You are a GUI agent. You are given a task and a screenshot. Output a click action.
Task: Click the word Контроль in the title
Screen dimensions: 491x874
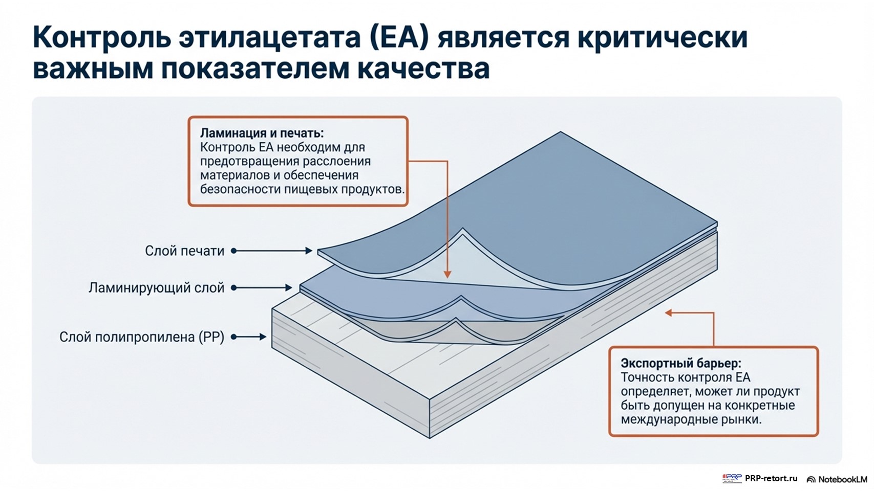[x=101, y=37]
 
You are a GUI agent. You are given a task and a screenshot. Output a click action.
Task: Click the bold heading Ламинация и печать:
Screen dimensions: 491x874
[x=262, y=133]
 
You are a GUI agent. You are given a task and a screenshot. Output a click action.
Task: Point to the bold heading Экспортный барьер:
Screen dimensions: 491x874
[x=680, y=364]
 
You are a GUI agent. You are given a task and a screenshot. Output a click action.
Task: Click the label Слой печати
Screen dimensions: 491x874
[x=184, y=251]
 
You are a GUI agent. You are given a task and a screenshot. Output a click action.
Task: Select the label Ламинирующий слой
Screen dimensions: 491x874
[x=156, y=288]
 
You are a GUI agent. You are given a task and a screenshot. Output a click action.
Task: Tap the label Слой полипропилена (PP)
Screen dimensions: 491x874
[x=142, y=337]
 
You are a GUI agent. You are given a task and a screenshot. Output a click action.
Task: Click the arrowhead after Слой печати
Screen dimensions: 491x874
[x=309, y=251]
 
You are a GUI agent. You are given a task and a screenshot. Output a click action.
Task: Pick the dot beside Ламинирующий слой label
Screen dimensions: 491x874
[x=234, y=288]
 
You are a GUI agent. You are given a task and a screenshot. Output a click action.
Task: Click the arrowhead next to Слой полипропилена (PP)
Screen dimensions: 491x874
[x=263, y=337]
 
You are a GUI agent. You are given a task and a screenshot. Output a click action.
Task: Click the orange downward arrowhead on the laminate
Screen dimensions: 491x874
[x=447, y=275]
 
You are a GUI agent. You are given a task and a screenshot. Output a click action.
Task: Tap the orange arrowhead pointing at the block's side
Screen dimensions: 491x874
[x=668, y=313]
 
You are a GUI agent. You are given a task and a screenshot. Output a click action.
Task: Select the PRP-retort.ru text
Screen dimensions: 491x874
[x=771, y=479]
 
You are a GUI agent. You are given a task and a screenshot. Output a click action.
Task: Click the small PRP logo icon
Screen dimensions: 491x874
[x=732, y=479]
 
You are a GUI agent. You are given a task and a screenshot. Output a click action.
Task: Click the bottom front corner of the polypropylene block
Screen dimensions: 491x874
[x=430, y=437]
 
